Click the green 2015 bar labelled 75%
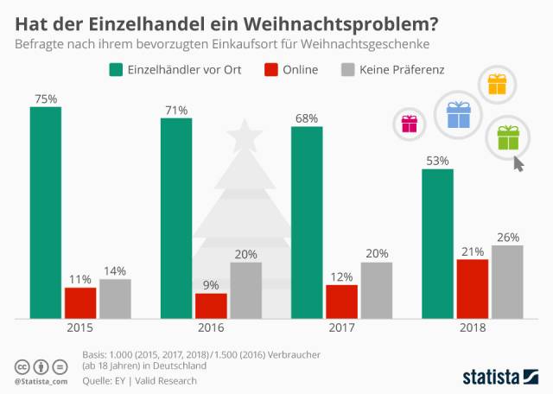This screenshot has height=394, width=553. point(45,213)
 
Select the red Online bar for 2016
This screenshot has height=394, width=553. point(211,306)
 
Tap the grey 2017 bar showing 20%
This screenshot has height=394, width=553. point(376,290)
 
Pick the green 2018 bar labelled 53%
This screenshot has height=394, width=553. point(437,244)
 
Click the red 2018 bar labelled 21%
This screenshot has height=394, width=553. point(473,289)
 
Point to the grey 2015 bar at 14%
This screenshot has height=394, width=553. point(115,299)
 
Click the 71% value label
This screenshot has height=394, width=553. point(176,110)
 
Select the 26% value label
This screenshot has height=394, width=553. point(508,237)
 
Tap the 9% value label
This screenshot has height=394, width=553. point(212,284)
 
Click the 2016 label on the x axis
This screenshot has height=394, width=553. point(211,328)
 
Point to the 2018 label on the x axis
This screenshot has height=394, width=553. point(473,328)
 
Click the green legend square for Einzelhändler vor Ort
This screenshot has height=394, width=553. point(116,69)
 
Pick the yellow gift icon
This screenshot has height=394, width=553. point(498,84)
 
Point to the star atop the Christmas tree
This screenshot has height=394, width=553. point(245,136)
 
